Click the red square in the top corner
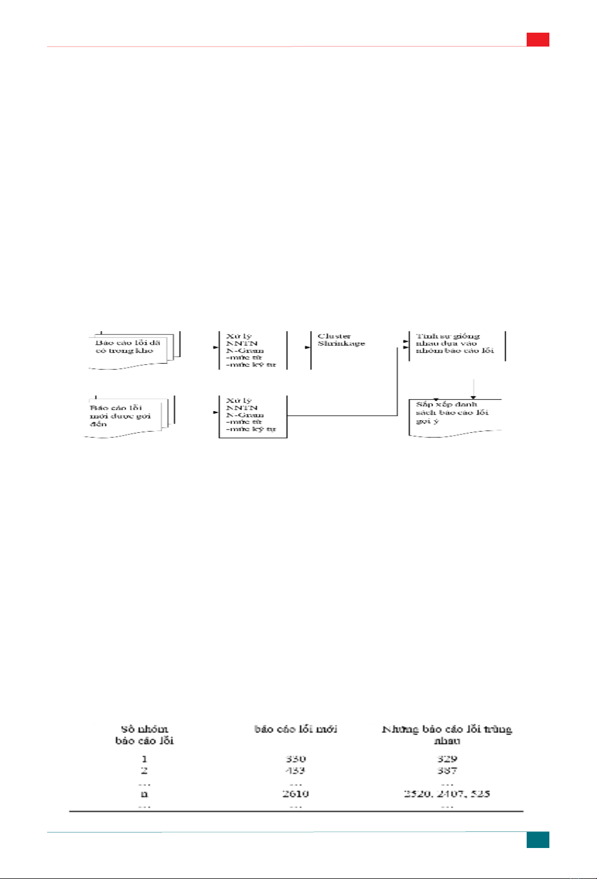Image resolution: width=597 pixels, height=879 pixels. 537,39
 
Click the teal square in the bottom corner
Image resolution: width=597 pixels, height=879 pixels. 537,839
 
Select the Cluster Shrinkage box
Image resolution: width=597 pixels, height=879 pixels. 341,350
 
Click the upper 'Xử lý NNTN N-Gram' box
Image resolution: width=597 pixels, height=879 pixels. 253,350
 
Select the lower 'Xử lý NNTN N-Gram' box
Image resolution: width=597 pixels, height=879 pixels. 253,416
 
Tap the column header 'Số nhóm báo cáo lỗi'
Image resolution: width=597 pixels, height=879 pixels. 145,735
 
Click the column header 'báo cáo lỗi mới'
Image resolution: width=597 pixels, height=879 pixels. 296,729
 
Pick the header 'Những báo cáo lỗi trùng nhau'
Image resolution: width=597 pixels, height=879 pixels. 447,735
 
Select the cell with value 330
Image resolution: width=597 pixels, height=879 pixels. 296,759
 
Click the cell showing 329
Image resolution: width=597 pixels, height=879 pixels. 447,759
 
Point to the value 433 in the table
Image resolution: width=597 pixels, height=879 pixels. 296,771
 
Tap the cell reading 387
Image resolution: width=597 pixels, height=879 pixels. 447,771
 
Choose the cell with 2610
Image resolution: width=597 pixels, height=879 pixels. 296,794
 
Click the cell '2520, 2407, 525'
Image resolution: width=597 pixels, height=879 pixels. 447,794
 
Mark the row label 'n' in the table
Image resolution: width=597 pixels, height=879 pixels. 145,794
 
